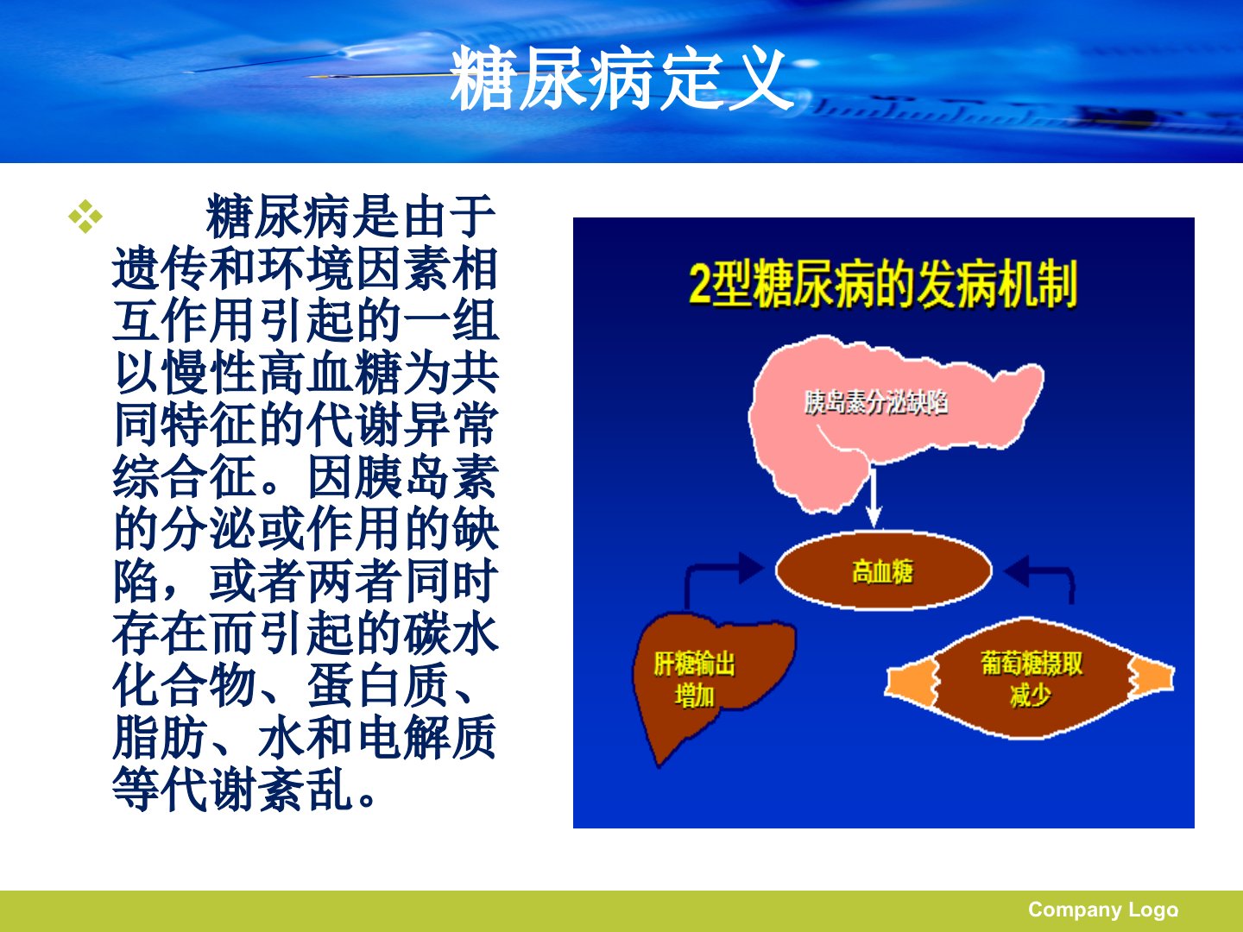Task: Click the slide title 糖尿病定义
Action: click(x=621, y=79)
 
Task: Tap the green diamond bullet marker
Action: click(x=85, y=216)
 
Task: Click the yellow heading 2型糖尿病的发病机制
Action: click(x=883, y=285)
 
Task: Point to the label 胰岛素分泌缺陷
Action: click(x=876, y=403)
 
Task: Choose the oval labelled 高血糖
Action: click(x=883, y=570)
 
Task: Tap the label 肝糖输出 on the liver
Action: click(x=694, y=664)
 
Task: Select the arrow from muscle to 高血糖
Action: click(x=1045, y=571)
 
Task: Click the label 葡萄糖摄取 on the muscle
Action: click(x=1032, y=664)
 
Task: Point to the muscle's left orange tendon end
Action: click(x=912, y=684)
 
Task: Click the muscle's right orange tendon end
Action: click(x=1151, y=678)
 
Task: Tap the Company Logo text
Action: click(x=1103, y=910)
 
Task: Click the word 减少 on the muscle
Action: click(x=1031, y=695)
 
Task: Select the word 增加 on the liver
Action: click(x=694, y=696)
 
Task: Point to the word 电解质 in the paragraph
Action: click(x=427, y=738)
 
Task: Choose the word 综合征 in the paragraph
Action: click(x=185, y=478)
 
